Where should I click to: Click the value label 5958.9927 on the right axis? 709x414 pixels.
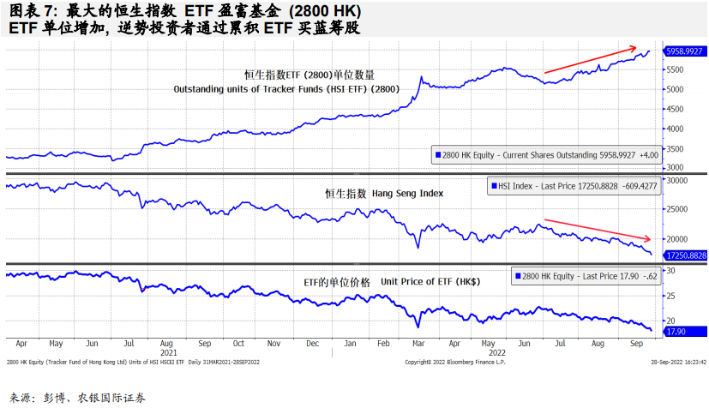[684, 51]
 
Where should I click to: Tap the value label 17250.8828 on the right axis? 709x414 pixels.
[684, 255]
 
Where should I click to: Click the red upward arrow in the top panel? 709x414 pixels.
[591, 59]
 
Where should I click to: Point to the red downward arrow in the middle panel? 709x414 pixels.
[598, 229]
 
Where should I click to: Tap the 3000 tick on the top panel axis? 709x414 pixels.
[675, 168]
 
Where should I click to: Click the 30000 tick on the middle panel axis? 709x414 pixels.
[677, 181]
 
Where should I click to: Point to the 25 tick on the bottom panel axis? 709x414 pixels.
[671, 297]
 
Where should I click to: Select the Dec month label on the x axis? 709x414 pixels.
[312, 343]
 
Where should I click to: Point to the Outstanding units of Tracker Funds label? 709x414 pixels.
[286, 89]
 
